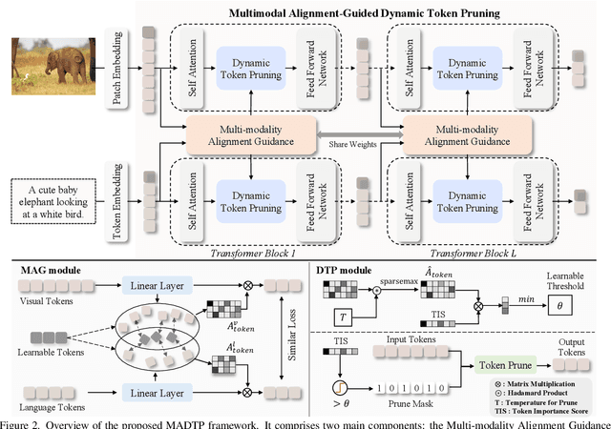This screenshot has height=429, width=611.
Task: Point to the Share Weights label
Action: coord(353,145)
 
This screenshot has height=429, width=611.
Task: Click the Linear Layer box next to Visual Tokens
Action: coord(158,286)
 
